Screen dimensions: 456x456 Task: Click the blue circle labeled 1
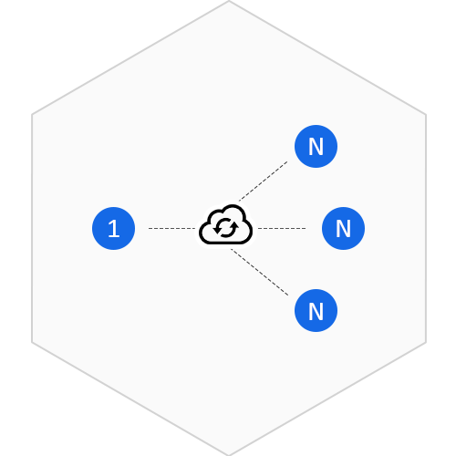(113, 228)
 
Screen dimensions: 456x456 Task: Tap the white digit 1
(114, 228)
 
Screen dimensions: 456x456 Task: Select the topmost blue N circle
(316, 146)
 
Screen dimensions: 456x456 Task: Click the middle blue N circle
(343, 228)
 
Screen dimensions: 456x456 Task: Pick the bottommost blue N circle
(316, 310)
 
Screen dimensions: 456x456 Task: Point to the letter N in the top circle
(316, 147)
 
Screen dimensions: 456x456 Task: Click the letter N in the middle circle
(343, 229)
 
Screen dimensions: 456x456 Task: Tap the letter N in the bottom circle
(316, 311)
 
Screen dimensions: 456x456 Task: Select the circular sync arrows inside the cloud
(225, 228)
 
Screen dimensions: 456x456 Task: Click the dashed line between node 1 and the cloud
(172, 228)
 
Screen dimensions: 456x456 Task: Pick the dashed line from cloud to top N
(264, 181)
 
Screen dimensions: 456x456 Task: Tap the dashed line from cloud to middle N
(282, 228)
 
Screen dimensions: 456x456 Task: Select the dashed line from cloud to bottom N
(260, 272)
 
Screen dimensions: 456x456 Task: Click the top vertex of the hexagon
(229, 1)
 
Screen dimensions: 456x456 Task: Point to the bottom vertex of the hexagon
(229, 455)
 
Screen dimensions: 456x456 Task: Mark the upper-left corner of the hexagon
(32, 115)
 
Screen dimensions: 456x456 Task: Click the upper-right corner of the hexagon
(426, 115)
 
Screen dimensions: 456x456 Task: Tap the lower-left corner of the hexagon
(32, 342)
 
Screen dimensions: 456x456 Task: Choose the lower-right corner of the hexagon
(426, 342)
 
